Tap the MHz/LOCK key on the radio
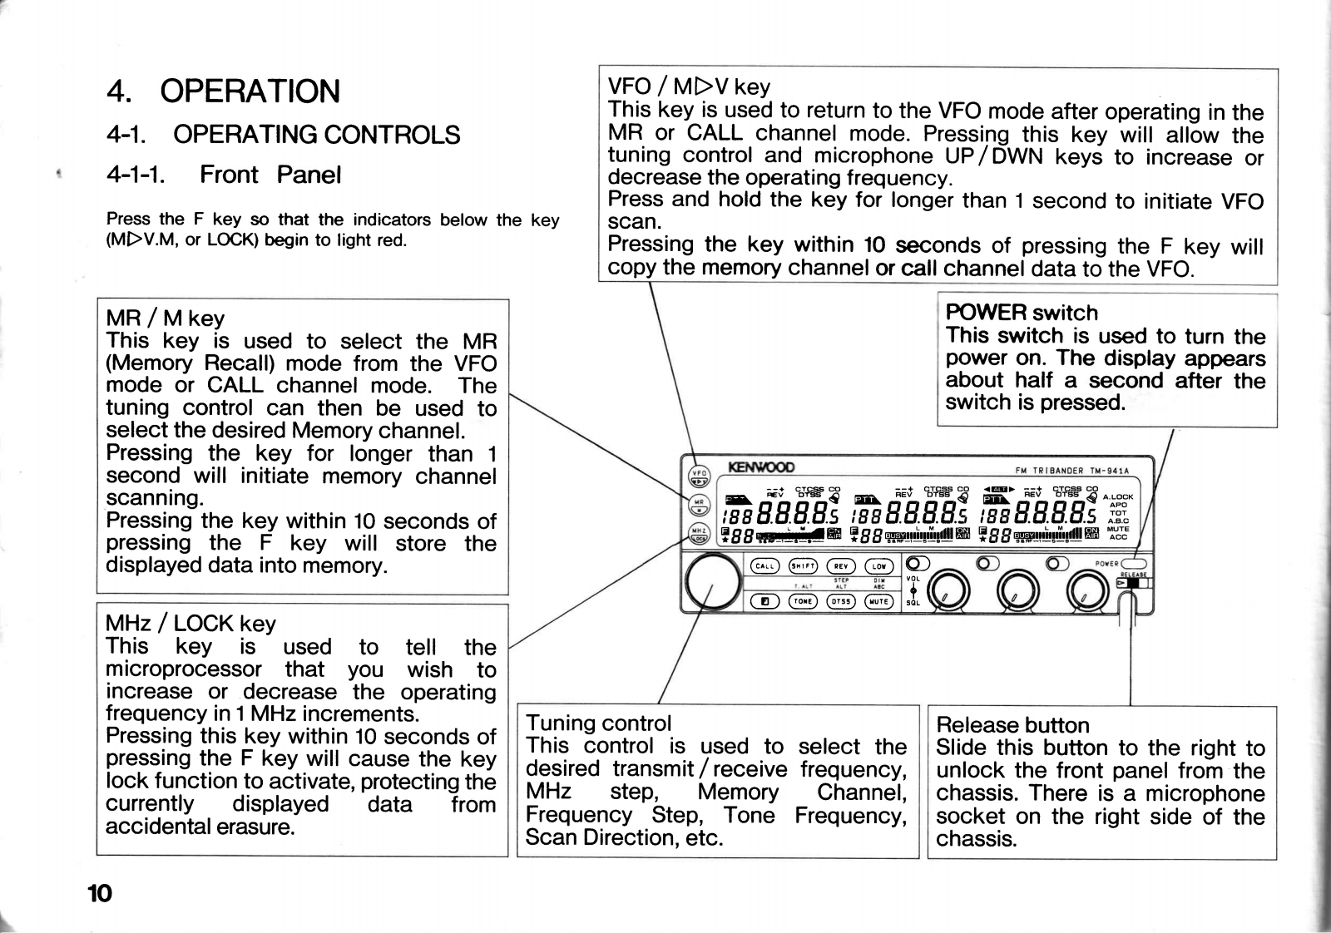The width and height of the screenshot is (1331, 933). click(700, 533)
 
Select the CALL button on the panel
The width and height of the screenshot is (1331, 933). click(764, 566)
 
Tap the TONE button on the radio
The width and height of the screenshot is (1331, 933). click(803, 601)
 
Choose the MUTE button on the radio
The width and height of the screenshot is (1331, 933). click(879, 601)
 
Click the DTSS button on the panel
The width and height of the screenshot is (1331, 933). click(841, 601)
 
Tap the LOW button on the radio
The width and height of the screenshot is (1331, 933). click(879, 566)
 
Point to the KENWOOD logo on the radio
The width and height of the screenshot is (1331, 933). click(761, 467)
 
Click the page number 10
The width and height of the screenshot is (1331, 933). click(99, 894)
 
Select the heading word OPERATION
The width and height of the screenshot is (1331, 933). click(250, 91)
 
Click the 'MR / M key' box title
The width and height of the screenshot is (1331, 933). click(166, 318)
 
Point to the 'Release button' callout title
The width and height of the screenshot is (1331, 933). click(1012, 725)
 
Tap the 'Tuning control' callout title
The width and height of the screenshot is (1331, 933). click(598, 723)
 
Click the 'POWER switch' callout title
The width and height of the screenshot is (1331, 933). click(1022, 313)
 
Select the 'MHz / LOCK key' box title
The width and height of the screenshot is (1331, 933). click(190, 624)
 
